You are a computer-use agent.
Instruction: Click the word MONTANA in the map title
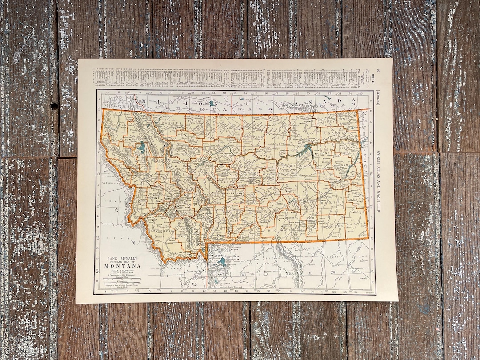(x=120, y=266)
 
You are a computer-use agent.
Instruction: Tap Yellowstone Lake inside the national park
(x=223, y=262)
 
